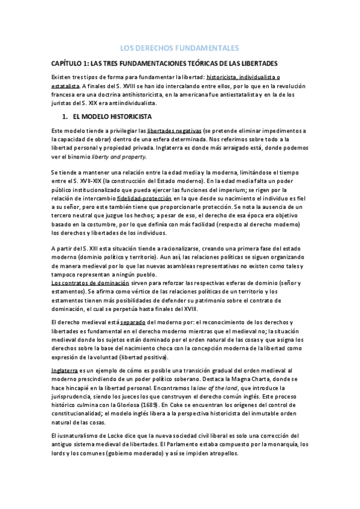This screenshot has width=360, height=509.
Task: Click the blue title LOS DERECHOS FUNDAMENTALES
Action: [180, 47]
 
